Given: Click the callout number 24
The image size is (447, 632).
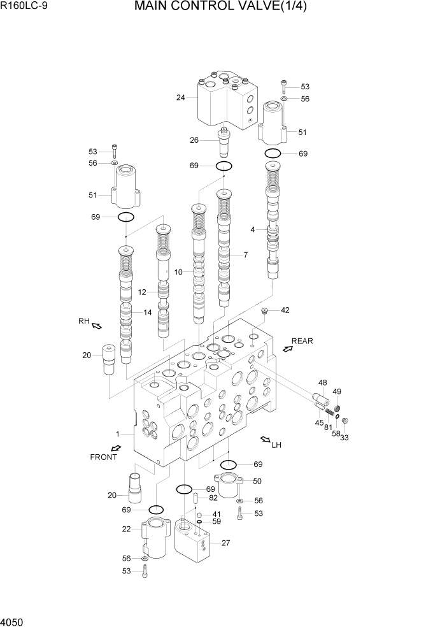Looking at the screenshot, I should (x=181, y=97).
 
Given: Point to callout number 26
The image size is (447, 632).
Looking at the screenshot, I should (x=194, y=140).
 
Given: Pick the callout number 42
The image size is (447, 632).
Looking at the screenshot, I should (x=285, y=310).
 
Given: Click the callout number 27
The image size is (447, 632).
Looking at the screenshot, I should (x=225, y=543).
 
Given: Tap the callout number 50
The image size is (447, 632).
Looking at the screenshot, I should (x=257, y=481).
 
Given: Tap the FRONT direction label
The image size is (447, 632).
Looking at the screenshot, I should (x=103, y=457).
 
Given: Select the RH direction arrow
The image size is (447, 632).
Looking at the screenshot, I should (x=97, y=326).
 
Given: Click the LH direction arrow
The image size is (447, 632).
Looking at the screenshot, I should (x=264, y=439).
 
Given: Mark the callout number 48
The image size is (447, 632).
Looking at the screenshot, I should (x=322, y=384).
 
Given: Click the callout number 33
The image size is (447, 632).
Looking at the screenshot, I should (x=344, y=438).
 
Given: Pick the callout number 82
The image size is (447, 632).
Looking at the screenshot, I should (x=213, y=498).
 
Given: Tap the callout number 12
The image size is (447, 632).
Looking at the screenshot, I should (x=143, y=292).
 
